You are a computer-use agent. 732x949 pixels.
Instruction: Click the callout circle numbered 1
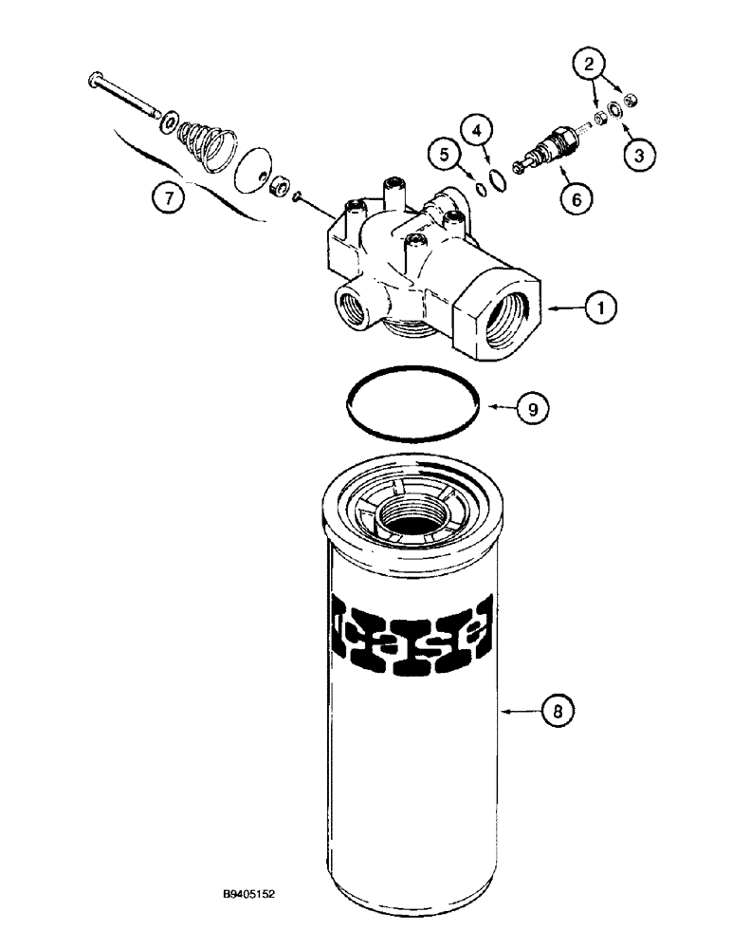pyautogui.click(x=602, y=307)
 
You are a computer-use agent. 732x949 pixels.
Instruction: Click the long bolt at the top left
pyautogui.click(x=123, y=95)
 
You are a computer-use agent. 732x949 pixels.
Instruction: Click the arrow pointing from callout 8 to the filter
pyautogui.click(x=520, y=709)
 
